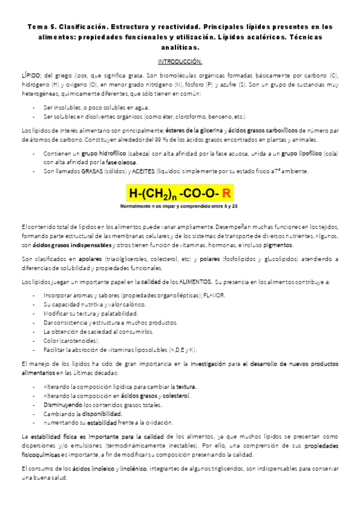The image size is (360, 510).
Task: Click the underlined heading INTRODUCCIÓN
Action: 180,62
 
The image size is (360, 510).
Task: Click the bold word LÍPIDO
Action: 29,73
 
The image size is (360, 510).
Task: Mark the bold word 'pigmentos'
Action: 276,245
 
